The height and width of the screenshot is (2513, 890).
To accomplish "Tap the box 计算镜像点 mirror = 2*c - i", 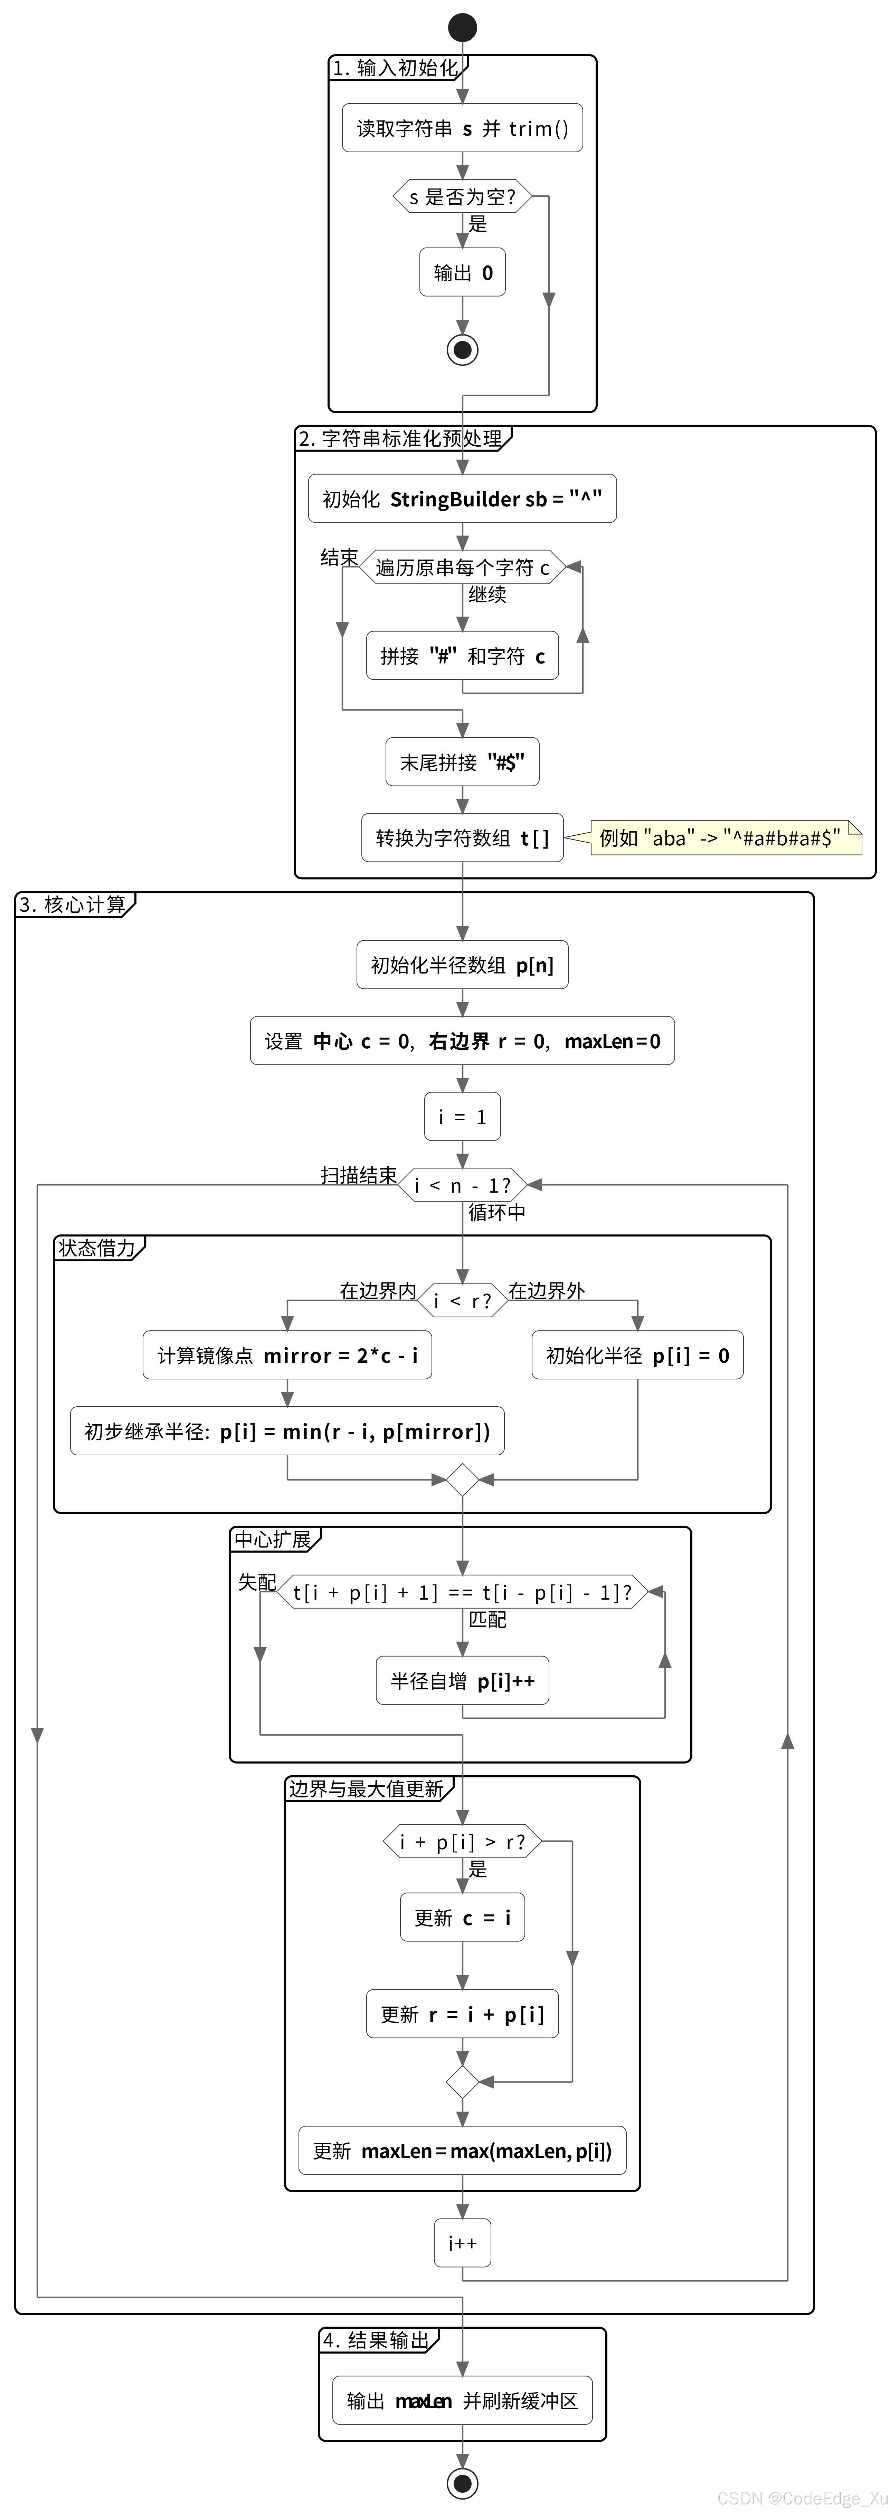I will (x=287, y=1355).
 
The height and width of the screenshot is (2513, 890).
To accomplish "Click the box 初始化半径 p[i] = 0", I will (x=637, y=1355).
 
